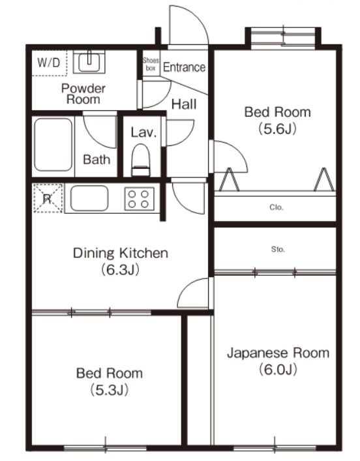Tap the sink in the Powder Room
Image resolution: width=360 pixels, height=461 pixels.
(87, 62)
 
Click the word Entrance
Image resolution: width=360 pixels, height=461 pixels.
(184, 67)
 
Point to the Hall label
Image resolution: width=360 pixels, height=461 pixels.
(184, 103)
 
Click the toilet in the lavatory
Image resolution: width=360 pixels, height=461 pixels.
(141, 160)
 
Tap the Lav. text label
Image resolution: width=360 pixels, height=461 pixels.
(143, 132)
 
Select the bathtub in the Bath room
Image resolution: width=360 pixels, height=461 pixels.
(53, 145)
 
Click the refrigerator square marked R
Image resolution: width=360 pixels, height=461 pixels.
(47, 198)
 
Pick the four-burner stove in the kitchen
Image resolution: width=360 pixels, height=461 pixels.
(139, 198)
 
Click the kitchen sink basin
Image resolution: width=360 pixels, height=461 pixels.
(89, 198)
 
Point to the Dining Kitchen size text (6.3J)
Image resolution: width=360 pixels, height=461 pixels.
(121, 269)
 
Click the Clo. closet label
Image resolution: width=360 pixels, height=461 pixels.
(275, 209)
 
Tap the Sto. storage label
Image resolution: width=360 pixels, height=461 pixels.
(275, 250)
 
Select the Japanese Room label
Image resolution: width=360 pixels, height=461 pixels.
(278, 353)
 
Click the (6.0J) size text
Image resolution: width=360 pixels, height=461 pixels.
(278, 370)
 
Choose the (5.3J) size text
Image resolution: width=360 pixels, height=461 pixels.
(109, 391)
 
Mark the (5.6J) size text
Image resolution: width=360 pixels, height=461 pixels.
(278, 128)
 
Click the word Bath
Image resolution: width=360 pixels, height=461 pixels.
(97, 160)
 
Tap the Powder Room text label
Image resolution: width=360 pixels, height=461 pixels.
(83, 94)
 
